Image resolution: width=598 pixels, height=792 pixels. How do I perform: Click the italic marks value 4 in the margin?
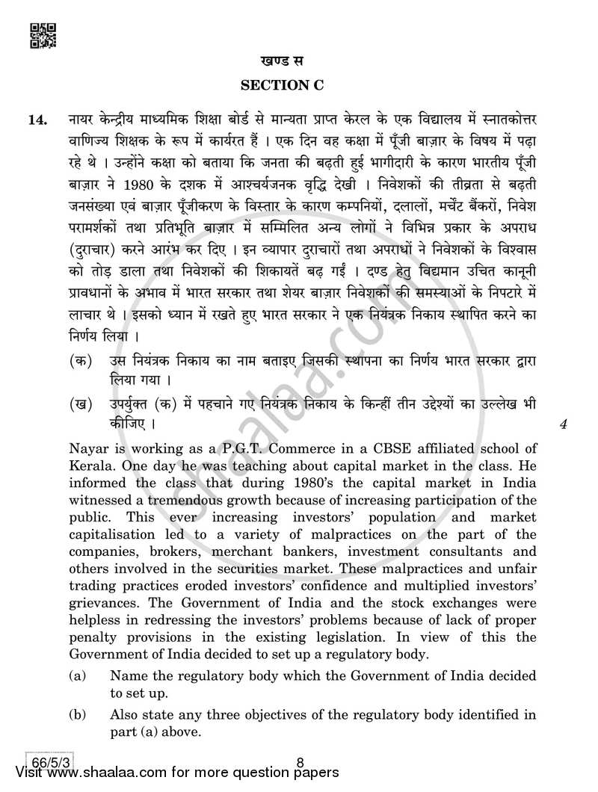[564, 426]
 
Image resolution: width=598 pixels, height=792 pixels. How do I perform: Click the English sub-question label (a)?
[76, 676]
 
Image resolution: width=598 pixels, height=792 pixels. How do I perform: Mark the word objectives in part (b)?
[281, 715]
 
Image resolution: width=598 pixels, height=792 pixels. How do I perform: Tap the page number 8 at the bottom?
[300, 764]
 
